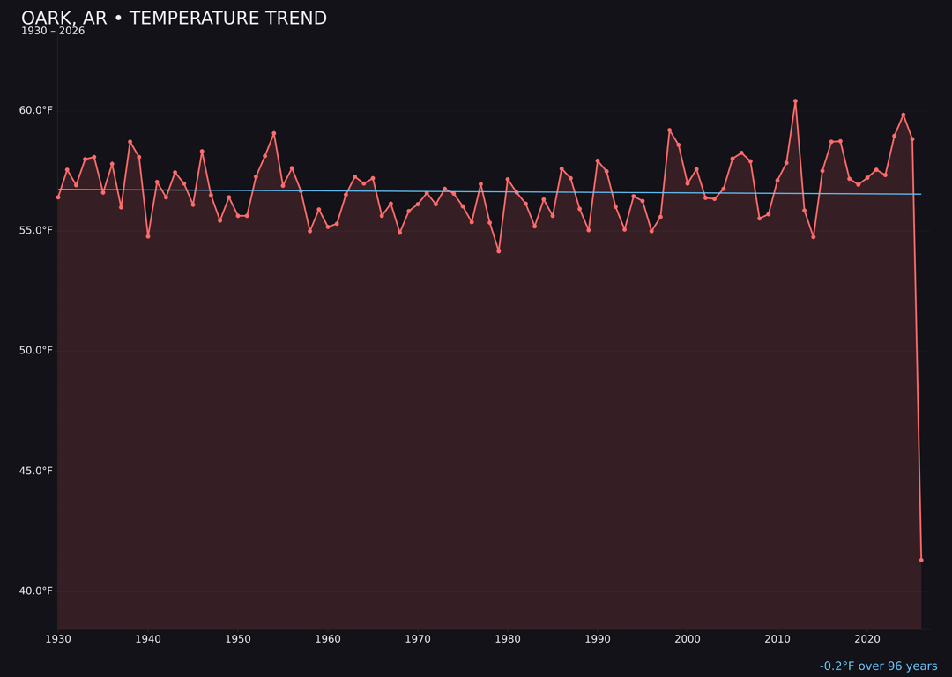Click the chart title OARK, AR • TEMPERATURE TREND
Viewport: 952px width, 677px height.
[174, 19]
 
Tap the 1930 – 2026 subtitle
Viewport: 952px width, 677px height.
[53, 32]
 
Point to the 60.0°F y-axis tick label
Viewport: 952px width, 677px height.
[35, 110]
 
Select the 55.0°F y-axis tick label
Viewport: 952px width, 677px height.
[35, 230]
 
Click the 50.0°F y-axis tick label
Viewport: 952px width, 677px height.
[35, 351]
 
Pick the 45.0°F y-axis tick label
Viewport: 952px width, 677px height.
[35, 471]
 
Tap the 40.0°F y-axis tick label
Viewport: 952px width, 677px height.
[35, 591]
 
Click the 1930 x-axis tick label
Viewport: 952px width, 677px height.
[58, 639]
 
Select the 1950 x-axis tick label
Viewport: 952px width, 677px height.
[238, 639]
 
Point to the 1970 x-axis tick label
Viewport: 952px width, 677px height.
[418, 639]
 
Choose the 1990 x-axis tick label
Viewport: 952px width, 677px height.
[598, 639]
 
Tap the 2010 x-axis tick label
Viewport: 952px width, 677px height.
[777, 639]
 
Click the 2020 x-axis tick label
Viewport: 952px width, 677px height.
[867, 639]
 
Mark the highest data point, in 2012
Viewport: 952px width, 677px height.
[795, 101]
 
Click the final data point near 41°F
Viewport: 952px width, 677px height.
[921, 560]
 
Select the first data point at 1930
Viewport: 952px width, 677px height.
[58, 197]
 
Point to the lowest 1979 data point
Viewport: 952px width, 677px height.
[499, 251]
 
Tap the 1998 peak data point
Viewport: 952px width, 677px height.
[669, 130]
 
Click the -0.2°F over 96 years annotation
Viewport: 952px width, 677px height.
[878, 666]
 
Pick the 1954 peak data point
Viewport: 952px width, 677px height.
[274, 133]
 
